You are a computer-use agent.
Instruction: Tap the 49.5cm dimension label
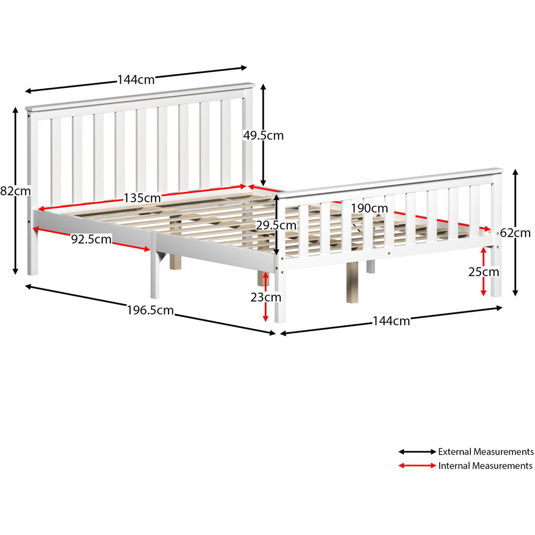263,136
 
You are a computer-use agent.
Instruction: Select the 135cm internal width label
142,197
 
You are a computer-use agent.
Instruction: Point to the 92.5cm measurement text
91,239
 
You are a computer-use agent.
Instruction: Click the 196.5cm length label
150,309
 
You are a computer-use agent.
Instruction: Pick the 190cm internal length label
370,208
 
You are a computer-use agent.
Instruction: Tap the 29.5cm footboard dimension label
276,225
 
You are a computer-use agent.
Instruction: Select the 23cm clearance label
266,297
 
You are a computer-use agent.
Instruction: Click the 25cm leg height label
484,272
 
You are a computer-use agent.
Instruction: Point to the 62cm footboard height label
515,233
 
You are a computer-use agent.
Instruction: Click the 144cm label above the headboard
136,80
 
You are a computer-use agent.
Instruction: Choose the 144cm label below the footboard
391,321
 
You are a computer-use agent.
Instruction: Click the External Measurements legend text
486,452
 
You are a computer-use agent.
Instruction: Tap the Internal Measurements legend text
485,466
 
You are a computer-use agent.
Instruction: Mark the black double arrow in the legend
417,452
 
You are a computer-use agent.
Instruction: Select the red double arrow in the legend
417,466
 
